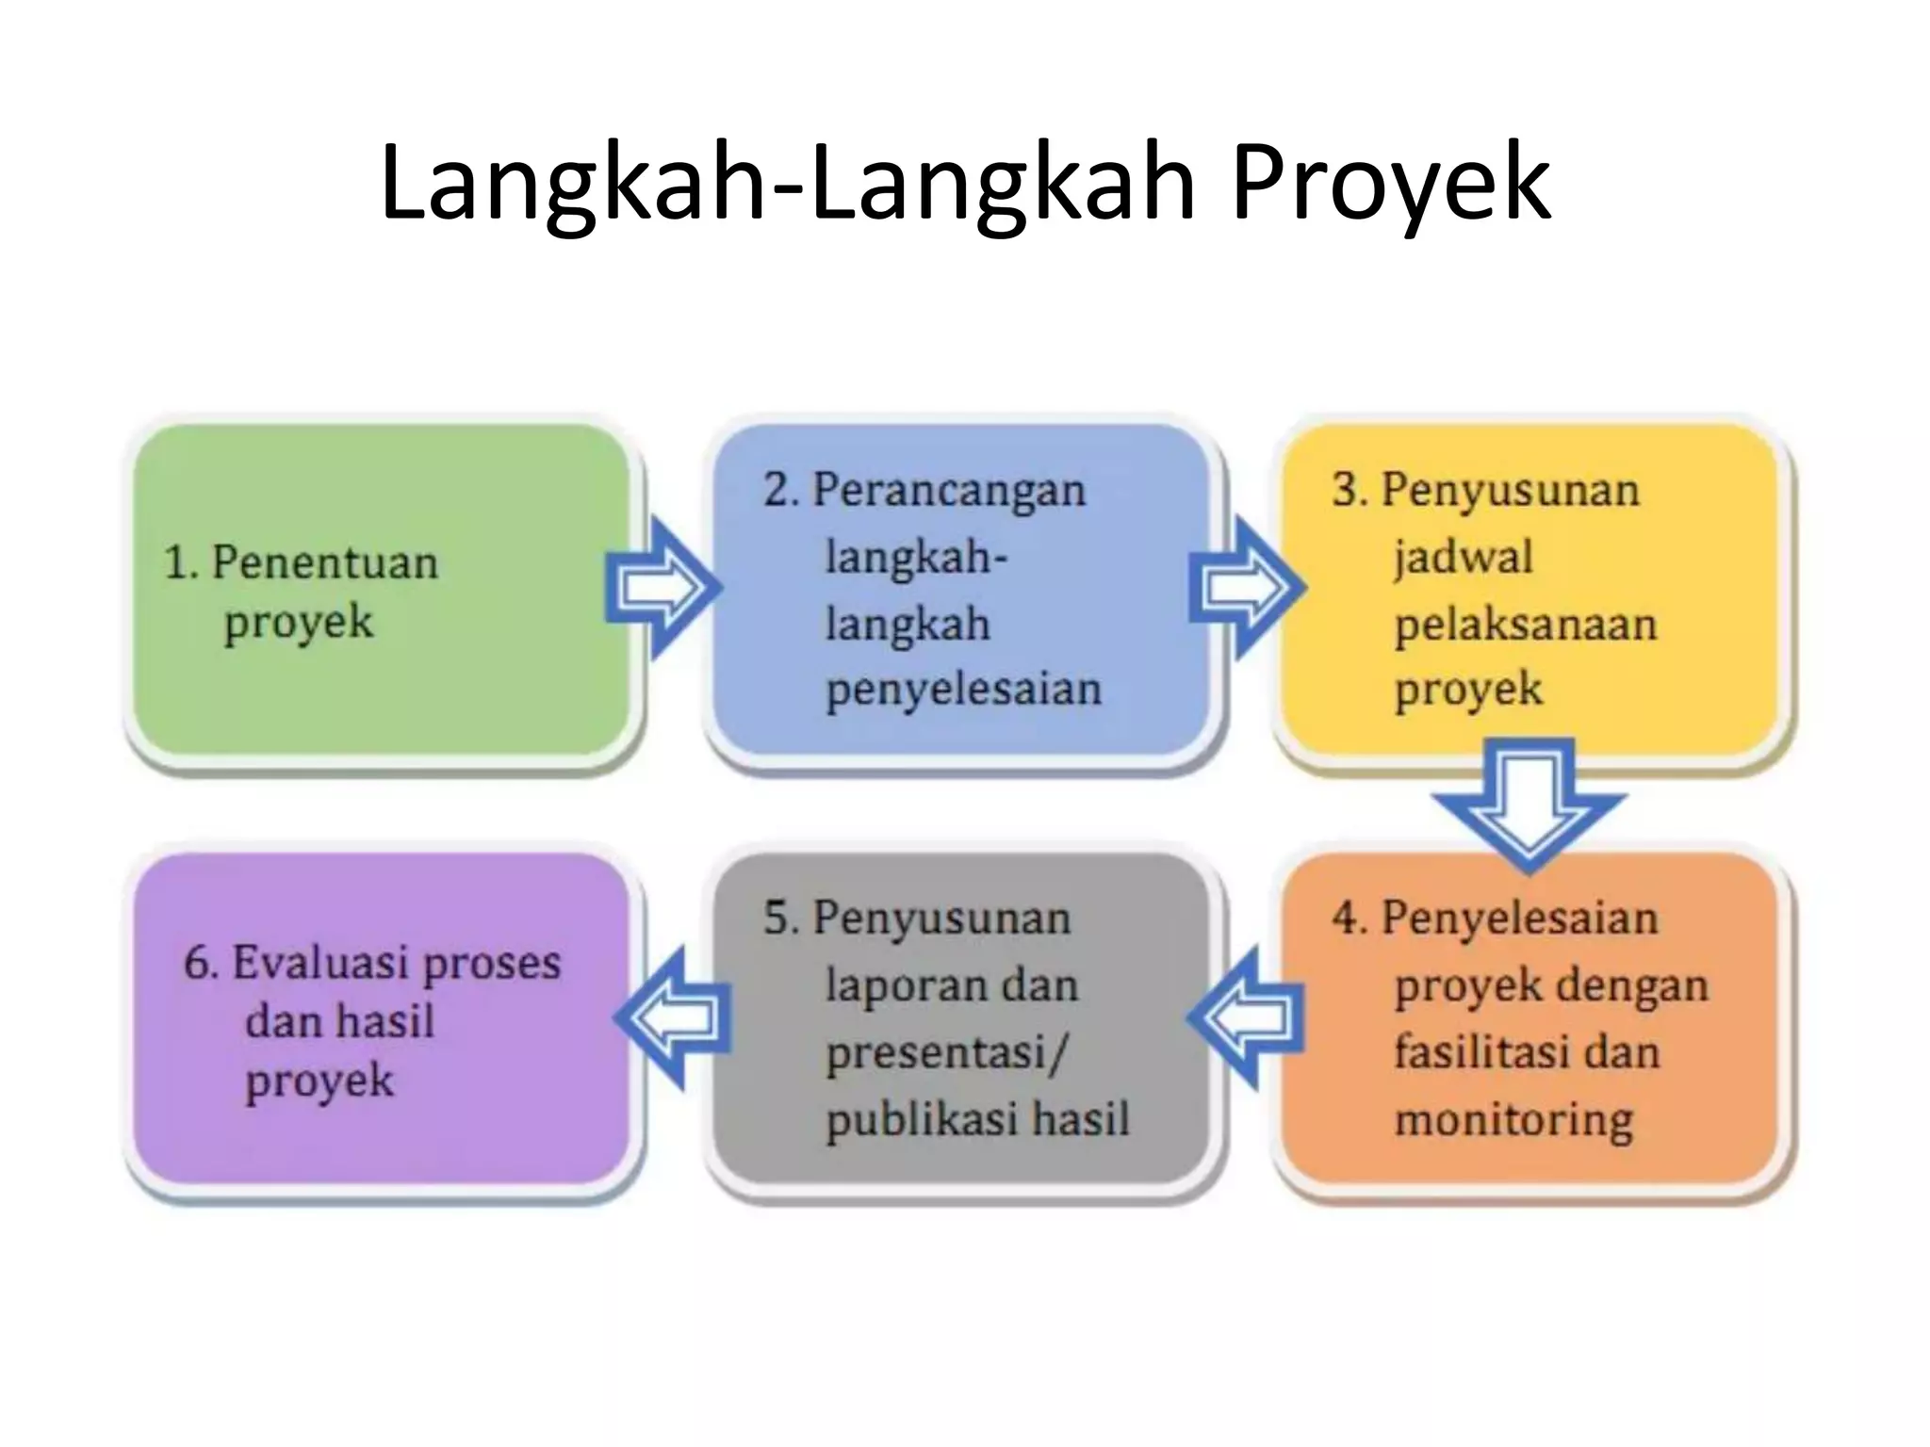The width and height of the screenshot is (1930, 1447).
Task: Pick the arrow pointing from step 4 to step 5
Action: (1246, 1017)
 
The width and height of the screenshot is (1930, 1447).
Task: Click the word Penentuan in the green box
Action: (325, 563)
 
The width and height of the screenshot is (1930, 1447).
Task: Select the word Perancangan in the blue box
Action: (949, 491)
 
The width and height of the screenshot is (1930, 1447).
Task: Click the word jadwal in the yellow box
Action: (1464, 556)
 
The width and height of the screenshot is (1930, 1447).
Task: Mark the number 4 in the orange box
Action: (1348, 919)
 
